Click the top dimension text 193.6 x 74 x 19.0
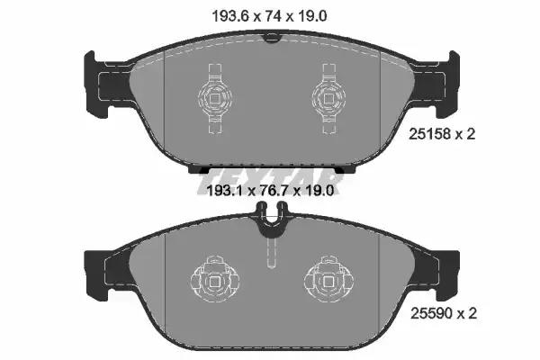[x=269, y=16]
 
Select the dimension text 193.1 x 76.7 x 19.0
[x=270, y=190]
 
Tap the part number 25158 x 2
[x=442, y=134]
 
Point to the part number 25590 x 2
[x=444, y=313]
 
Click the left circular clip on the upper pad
[x=216, y=98]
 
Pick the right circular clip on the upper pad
[x=328, y=98]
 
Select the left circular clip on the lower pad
[x=215, y=279]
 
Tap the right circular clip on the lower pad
[x=328, y=279]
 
